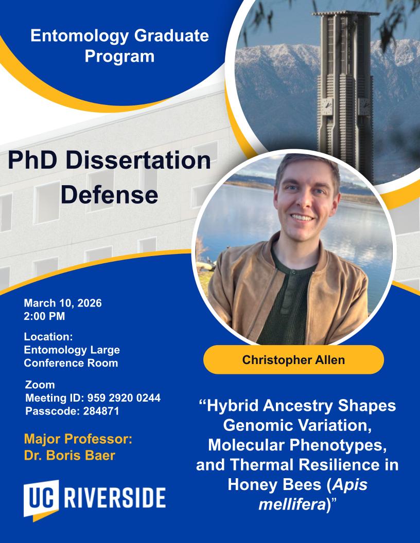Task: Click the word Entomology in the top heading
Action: click(80, 36)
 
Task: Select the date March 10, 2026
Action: click(63, 303)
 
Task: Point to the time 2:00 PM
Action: click(44, 316)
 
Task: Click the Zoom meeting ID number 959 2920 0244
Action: click(124, 398)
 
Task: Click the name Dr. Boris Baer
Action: click(69, 456)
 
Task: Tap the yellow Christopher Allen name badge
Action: click(293, 360)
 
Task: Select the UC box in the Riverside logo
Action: click(41, 499)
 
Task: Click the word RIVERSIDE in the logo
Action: click(115, 498)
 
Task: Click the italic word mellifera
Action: click(291, 504)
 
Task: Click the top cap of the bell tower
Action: click(345, 13)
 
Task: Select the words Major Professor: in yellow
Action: click(78, 439)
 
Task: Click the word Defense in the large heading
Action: click(110, 194)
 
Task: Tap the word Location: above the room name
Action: click(48, 337)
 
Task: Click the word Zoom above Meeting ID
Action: click(40, 385)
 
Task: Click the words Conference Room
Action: click(71, 363)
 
